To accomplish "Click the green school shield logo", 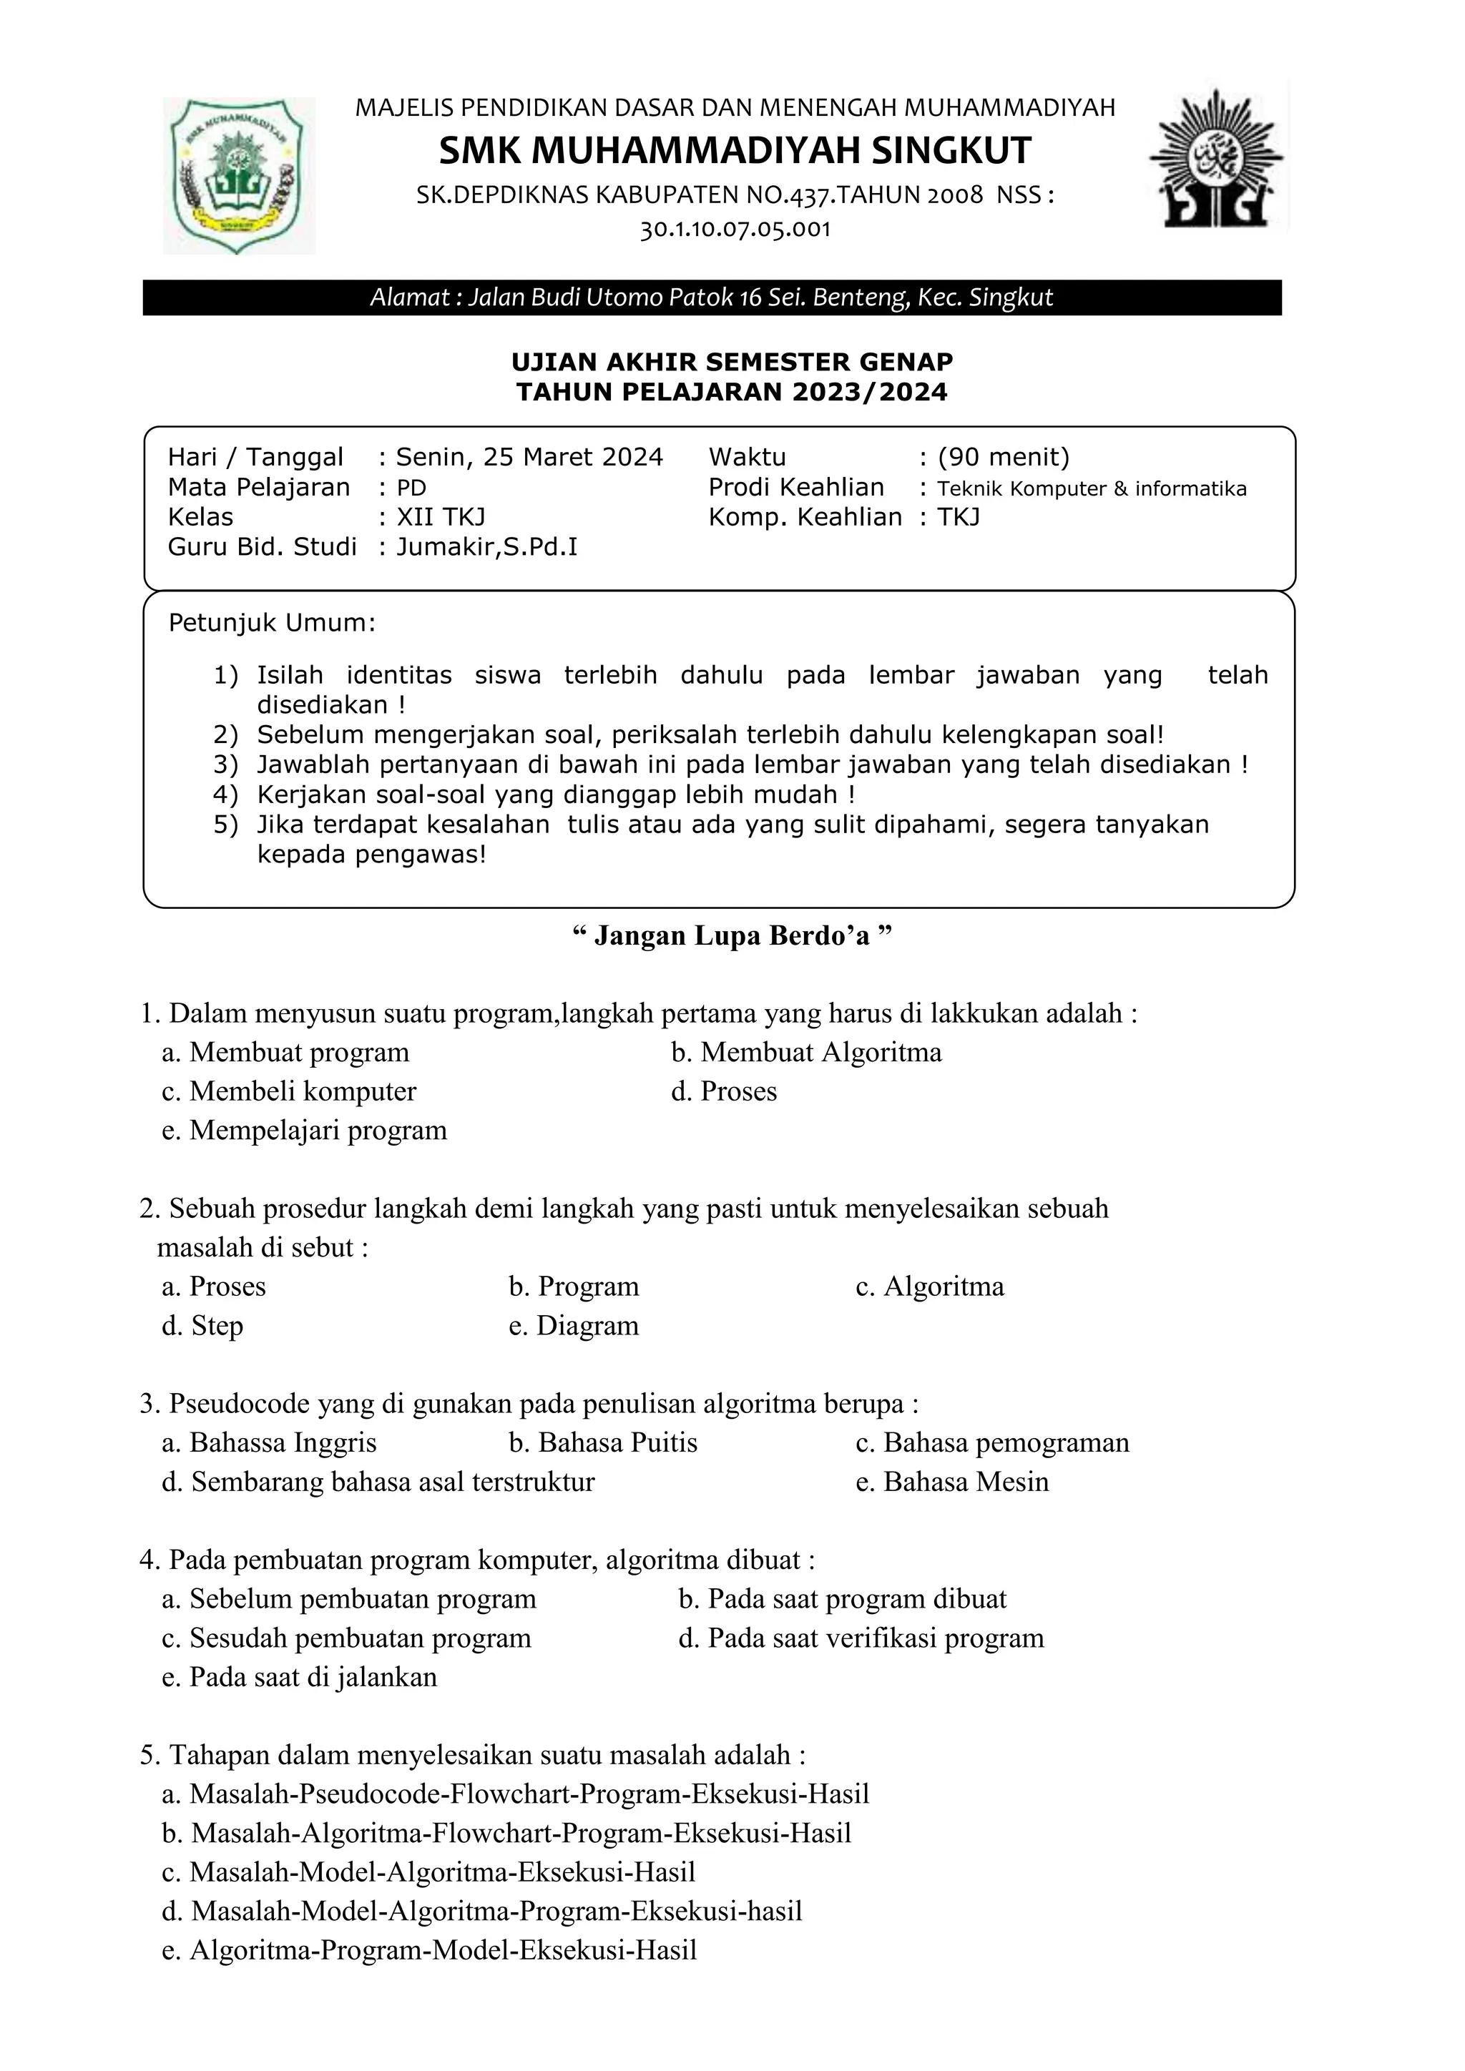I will pyautogui.click(x=238, y=175).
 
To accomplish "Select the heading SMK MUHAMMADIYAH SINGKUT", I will pyautogui.click(x=735, y=151).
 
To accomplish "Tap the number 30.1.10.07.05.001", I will pyautogui.click(x=735, y=229).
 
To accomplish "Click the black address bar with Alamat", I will pyautogui.click(x=711, y=297).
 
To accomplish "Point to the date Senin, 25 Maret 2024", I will pyautogui.click(x=529, y=457).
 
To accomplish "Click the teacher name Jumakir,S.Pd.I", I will pyautogui.click(x=487, y=546).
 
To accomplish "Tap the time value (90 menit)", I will pyautogui.click(x=1003, y=457).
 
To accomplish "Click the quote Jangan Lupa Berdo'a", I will pyautogui.click(x=732, y=935).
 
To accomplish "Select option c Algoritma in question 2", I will pyautogui.click(x=929, y=1287).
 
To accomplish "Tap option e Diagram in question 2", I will pyautogui.click(x=574, y=1325).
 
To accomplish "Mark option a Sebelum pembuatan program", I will pyautogui.click(x=349, y=1598).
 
